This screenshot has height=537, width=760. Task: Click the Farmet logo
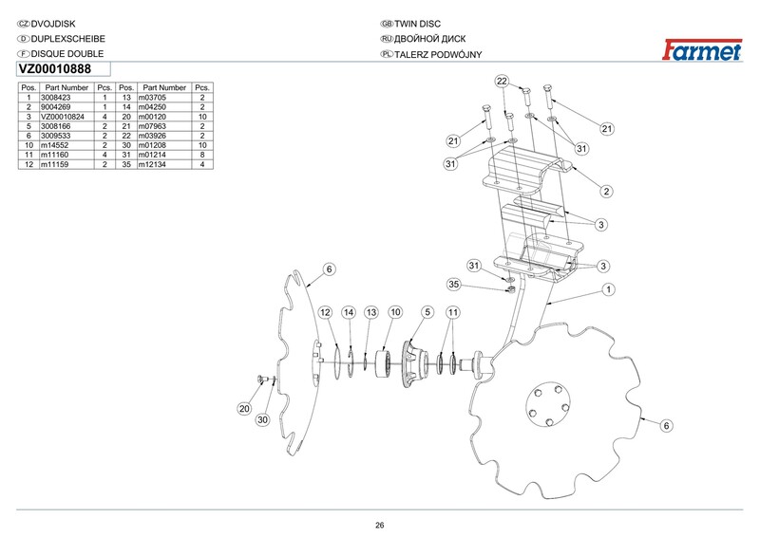702,50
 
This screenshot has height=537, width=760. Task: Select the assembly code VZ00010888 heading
55,69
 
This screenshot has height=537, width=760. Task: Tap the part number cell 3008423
56,98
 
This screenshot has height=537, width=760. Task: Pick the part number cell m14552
54,145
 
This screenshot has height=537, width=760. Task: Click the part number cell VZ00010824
63,117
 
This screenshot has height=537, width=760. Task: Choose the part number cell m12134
152,165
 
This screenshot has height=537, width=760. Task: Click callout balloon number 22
502,81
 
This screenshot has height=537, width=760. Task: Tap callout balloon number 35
453,285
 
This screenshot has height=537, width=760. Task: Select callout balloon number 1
608,289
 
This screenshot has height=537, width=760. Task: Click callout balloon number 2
606,192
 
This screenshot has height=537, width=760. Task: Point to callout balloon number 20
244,409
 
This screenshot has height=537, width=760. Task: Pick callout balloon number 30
262,419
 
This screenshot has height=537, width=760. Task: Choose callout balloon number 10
395,312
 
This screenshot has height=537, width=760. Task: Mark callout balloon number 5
427,312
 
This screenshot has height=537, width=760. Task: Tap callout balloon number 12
325,312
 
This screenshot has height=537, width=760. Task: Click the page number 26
379,526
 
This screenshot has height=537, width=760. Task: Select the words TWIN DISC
417,24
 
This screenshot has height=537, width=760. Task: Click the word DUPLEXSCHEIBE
67,39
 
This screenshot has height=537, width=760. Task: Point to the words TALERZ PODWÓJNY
438,55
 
